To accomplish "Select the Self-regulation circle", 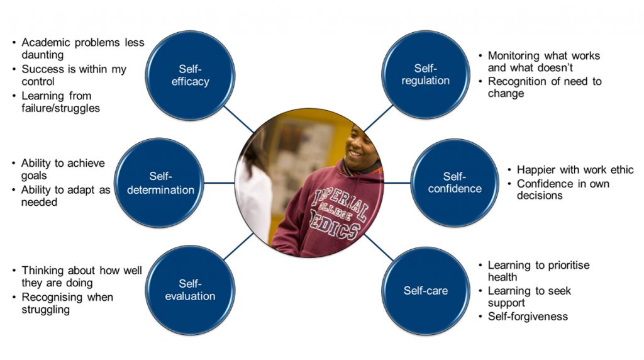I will pyautogui.click(x=426, y=74).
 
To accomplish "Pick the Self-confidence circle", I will pyautogui.click(x=454, y=183).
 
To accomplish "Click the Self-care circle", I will pyautogui.click(x=426, y=291).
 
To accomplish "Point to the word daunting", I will pyautogui.click(x=42, y=55).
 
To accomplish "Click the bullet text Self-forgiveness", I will pyautogui.click(x=528, y=316).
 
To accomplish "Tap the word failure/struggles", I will pyautogui.click(x=60, y=108).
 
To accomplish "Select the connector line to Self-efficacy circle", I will pyautogui.click(x=240, y=120).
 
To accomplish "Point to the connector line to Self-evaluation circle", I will pyautogui.click(x=240, y=246).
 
